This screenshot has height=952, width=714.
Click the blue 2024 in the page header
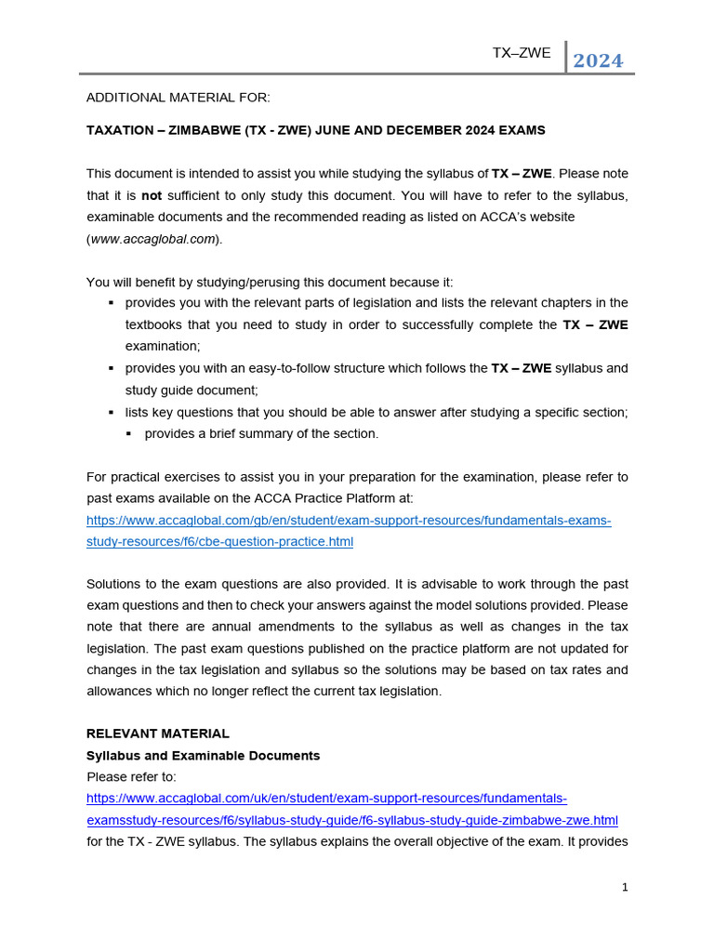coord(598,61)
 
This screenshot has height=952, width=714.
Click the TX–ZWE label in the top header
coord(522,53)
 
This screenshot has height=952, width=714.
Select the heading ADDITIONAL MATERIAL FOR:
coord(178,98)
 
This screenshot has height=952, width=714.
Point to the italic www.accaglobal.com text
coord(152,239)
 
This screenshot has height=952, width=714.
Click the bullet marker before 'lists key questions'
coord(112,412)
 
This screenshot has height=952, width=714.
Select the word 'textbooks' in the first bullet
coord(153,325)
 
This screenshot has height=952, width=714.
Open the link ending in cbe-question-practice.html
coord(219,541)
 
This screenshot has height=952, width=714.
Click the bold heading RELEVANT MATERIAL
coord(158,734)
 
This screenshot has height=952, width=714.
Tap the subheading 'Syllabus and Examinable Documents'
coord(203,756)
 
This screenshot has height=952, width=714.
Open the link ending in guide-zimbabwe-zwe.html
coord(351,820)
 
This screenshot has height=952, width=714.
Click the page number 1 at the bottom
coord(625,887)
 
